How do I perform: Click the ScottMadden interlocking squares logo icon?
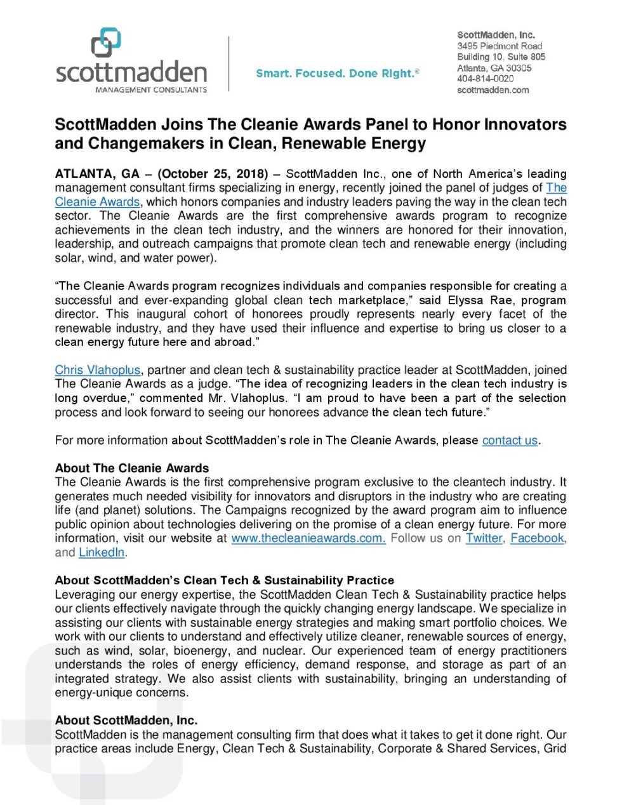(106, 43)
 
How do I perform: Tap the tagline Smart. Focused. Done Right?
(337, 74)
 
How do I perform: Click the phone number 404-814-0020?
(485, 79)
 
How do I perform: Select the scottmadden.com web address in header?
(493, 90)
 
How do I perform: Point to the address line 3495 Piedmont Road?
(500, 46)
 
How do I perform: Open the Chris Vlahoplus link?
(97, 370)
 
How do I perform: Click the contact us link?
(510, 441)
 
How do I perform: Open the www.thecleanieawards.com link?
(308, 538)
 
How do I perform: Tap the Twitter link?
(484, 538)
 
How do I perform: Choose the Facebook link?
(537, 538)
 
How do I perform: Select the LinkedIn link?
(102, 552)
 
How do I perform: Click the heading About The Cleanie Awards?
(132, 469)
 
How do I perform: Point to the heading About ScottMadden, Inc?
(126, 721)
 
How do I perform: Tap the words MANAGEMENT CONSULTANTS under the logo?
(151, 90)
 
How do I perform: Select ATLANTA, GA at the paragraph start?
(96, 174)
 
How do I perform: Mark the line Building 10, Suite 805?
(501, 57)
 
